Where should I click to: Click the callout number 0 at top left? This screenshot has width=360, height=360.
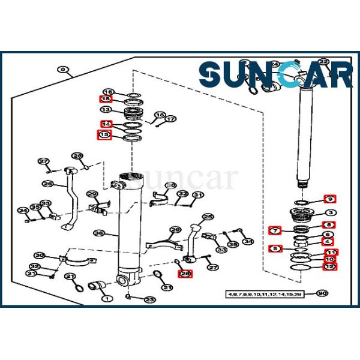(x=64, y=70)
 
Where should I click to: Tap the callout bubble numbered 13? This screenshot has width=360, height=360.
(x=106, y=110)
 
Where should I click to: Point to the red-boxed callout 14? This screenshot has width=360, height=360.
(x=106, y=124)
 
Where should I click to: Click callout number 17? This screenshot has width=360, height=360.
(x=171, y=119)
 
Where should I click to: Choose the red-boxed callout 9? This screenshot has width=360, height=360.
(x=330, y=199)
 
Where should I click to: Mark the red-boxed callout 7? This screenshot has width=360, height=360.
(x=275, y=230)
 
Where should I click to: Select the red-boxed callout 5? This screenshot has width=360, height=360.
(x=275, y=248)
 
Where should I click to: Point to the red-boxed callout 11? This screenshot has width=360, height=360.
(x=331, y=252)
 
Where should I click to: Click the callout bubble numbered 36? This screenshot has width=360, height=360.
(x=99, y=233)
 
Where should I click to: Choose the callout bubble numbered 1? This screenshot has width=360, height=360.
(x=107, y=298)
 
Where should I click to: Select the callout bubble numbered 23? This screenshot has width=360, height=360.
(x=149, y=300)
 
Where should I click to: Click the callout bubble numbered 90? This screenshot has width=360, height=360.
(x=322, y=293)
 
